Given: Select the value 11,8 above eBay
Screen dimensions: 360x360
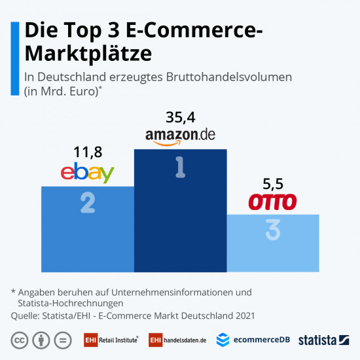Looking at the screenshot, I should pyautogui.click(x=87, y=153).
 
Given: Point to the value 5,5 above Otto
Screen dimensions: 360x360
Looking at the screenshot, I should pyautogui.click(x=273, y=185).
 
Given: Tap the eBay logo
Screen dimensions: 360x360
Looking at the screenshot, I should pyautogui.click(x=87, y=173).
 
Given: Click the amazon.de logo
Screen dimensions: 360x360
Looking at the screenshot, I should pyautogui.click(x=180, y=136).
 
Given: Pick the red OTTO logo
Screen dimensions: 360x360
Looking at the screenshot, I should pyautogui.click(x=273, y=202).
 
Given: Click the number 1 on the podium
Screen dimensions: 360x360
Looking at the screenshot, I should pyautogui.click(x=180, y=168).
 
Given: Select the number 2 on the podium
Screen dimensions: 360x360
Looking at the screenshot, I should pyautogui.click(x=87, y=204).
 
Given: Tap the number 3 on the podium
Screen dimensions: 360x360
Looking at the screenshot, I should pyautogui.click(x=273, y=230).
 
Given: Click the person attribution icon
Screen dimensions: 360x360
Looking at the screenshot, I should pyautogui.click(x=41, y=340).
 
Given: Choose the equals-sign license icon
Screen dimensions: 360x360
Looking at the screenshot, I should pyautogui.click(x=62, y=340).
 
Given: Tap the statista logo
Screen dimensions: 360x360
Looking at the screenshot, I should pyautogui.click(x=323, y=340).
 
